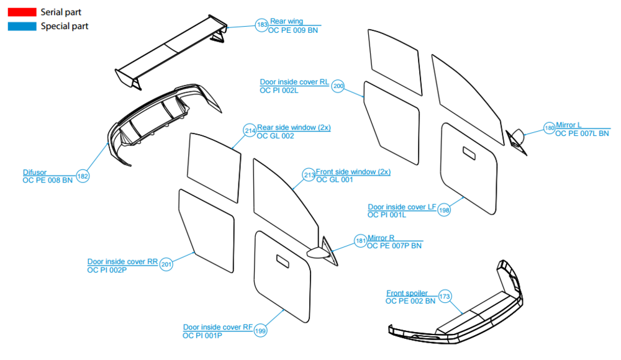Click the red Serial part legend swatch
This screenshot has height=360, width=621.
pyautogui.click(x=22, y=12)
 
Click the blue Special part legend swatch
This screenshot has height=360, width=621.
pyautogui.click(x=22, y=26)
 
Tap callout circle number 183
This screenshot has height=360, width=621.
pyautogui.click(x=262, y=25)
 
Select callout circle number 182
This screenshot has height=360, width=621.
pyautogui.click(x=83, y=176)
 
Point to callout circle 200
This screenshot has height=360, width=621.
pyautogui.click(x=338, y=86)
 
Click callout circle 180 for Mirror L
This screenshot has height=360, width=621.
pyautogui.click(x=549, y=128)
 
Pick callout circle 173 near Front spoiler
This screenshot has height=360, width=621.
pyautogui.click(x=445, y=296)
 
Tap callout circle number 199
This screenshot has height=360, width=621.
pyautogui.click(x=260, y=331)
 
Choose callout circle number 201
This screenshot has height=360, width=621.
pyautogui.click(x=166, y=265)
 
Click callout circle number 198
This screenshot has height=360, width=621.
pyautogui.click(x=444, y=210)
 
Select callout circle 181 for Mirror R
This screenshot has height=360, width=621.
pyautogui.click(x=361, y=241)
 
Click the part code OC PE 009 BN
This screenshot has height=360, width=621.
pyautogui.click(x=292, y=30)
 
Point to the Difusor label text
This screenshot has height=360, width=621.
pyautogui.click(x=35, y=173)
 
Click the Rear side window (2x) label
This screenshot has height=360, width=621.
pyautogui.click(x=294, y=127)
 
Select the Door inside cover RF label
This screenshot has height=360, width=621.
pyautogui.click(x=217, y=327)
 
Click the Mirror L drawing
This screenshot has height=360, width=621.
pyautogui.click(x=516, y=138)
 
